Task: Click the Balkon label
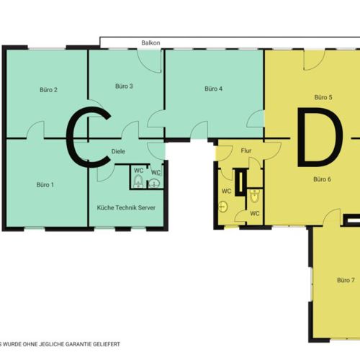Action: tap(150, 43)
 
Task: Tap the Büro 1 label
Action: tap(45, 185)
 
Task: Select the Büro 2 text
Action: tap(48, 90)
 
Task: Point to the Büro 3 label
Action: tap(124, 86)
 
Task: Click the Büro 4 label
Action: tap(213, 89)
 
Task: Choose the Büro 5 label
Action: tap(323, 97)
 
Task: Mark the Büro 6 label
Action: tap(322, 179)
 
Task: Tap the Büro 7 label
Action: tap(346, 280)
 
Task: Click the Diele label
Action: tap(118, 151)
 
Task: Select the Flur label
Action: tap(246, 150)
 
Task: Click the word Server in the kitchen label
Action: tap(146, 207)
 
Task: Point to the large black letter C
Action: tap(89, 137)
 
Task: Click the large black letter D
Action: tap(320, 137)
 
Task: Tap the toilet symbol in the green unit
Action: tap(138, 181)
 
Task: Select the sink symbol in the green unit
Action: tap(154, 184)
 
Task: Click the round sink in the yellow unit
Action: tap(223, 207)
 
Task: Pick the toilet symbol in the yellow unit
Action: tap(254, 196)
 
